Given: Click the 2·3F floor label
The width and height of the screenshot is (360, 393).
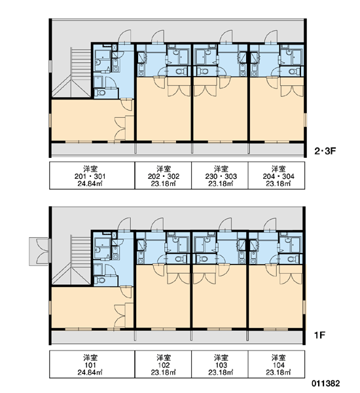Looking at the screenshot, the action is (325, 151).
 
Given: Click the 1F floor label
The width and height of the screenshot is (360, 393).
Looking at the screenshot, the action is (319, 335).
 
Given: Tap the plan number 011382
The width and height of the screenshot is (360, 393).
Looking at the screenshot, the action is (326, 383).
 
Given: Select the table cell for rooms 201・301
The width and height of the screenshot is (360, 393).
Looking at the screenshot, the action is (92, 176).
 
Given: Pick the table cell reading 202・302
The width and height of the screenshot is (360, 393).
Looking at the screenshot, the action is (164, 176).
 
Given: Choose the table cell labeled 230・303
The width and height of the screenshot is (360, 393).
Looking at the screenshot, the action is (220, 176).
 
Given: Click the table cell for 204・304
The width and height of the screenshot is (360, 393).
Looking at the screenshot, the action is (277, 176).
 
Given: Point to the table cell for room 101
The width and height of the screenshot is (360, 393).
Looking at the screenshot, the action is (92, 364).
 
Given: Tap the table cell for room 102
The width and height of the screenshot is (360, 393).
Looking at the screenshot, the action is (164, 364).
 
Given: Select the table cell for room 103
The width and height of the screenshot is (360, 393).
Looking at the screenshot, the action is (220, 364).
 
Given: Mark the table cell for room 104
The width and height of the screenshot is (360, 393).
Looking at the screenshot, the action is (277, 364).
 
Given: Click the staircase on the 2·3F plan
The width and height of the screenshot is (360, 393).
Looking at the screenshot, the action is (81, 73).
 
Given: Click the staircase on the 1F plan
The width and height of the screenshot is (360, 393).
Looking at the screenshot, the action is (81, 260).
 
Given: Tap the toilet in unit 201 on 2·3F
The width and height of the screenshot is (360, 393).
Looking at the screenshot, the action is (101, 93).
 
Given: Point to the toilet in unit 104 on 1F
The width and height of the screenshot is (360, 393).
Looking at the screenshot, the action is (292, 259).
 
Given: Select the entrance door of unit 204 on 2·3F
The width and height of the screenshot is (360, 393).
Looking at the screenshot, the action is (271, 37).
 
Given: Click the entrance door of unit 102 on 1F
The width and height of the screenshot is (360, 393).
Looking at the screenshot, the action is (157, 225).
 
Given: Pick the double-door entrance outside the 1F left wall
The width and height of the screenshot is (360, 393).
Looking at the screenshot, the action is (40, 252).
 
